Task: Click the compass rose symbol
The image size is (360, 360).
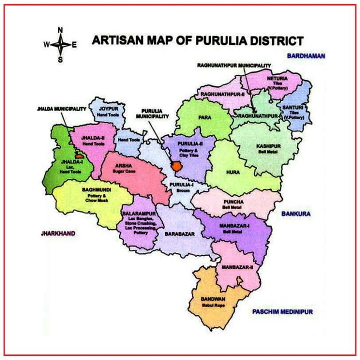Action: click(60, 44)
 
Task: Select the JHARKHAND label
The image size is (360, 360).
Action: click(58, 233)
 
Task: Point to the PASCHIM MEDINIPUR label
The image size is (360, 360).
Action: click(282, 312)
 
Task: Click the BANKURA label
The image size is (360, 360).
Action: click(296, 213)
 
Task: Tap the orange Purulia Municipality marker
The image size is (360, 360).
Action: click(176, 167)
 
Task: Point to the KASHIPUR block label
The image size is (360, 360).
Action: click(268, 146)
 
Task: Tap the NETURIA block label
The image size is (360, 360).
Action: click(278, 79)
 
